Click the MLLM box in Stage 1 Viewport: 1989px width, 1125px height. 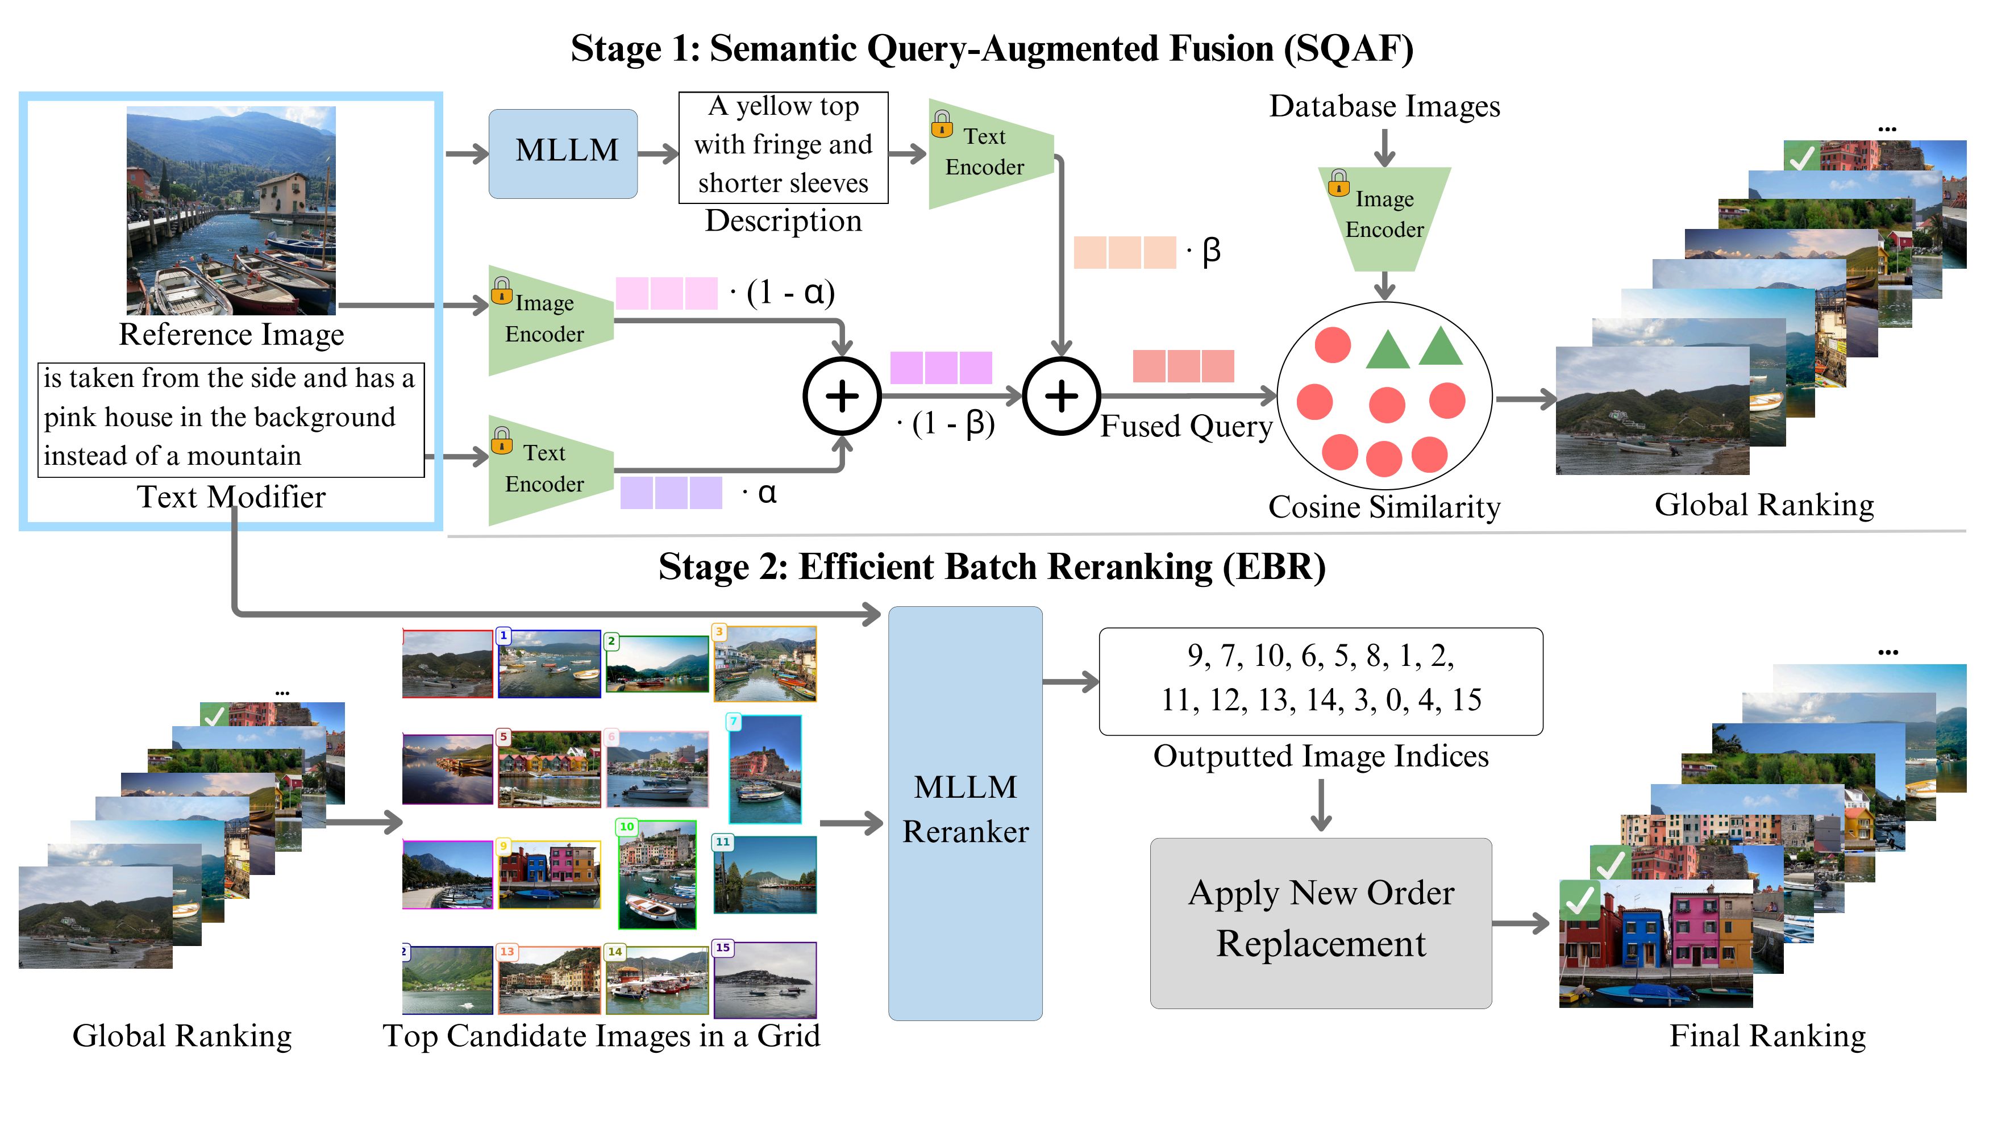coord(563,153)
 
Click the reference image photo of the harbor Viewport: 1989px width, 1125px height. coord(231,210)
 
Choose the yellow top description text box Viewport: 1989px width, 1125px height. coord(783,147)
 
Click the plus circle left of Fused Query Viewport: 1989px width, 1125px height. coord(1061,395)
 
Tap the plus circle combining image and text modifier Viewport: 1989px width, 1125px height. coord(842,395)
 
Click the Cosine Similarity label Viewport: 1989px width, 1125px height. coord(1383,507)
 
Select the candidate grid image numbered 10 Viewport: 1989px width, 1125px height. coord(657,874)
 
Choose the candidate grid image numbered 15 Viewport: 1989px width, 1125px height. coord(764,979)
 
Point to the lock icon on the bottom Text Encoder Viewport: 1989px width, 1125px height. coord(501,440)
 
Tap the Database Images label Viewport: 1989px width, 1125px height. coord(1383,106)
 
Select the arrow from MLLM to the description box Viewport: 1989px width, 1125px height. coord(658,154)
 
